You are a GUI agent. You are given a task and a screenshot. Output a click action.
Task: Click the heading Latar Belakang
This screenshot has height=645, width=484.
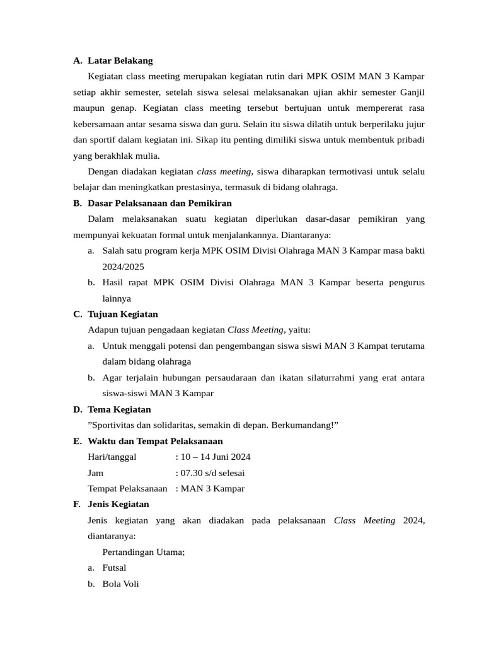120,61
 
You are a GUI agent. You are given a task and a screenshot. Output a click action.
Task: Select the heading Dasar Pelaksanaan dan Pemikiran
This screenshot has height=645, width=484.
159,203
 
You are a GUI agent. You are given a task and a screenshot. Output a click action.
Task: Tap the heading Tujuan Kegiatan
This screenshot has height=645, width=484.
123,314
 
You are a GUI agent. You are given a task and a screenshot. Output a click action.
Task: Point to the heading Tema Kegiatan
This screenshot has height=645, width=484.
119,409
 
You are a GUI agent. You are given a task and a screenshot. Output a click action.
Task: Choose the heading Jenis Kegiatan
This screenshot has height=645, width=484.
118,505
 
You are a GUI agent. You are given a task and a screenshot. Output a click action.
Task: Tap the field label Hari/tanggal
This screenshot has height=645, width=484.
112,457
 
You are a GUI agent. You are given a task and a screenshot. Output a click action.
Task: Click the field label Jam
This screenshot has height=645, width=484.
96,472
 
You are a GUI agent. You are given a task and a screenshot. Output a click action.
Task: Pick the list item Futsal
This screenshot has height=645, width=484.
114,568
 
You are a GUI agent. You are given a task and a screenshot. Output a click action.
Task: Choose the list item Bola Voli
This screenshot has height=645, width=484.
120,584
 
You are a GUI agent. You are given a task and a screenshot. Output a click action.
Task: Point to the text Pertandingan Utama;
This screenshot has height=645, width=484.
143,552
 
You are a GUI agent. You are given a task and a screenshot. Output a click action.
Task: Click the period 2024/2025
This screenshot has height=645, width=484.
124,266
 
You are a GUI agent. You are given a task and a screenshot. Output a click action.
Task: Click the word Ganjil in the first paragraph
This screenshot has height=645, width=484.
410,93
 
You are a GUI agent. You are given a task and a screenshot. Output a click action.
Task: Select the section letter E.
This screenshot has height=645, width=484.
76,441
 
